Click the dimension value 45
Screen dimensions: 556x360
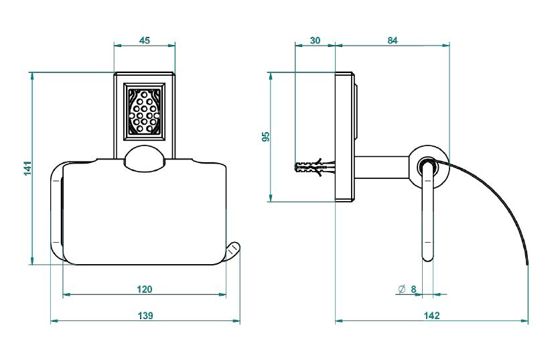pyautogui.click(x=144, y=40)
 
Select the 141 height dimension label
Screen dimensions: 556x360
pyautogui.click(x=27, y=168)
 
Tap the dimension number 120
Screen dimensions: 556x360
pyautogui.click(x=144, y=290)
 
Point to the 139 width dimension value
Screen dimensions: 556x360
pyautogui.click(x=145, y=316)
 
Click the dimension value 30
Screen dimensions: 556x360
pyautogui.click(x=315, y=40)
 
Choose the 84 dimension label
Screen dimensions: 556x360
pyautogui.click(x=392, y=40)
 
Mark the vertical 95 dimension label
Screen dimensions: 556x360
pyautogui.click(x=265, y=137)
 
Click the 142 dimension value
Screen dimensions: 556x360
pyautogui.click(x=431, y=316)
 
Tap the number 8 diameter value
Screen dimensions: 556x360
pyautogui.click(x=413, y=290)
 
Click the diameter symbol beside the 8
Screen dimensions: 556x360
pyautogui.click(x=401, y=290)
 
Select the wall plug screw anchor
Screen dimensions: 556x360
pyautogui.click(x=315, y=167)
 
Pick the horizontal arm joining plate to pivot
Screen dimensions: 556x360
pyautogui.click(x=383, y=167)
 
